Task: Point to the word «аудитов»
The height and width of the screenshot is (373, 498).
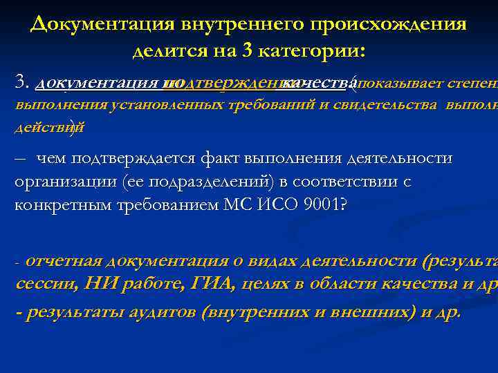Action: click(x=164, y=312)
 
